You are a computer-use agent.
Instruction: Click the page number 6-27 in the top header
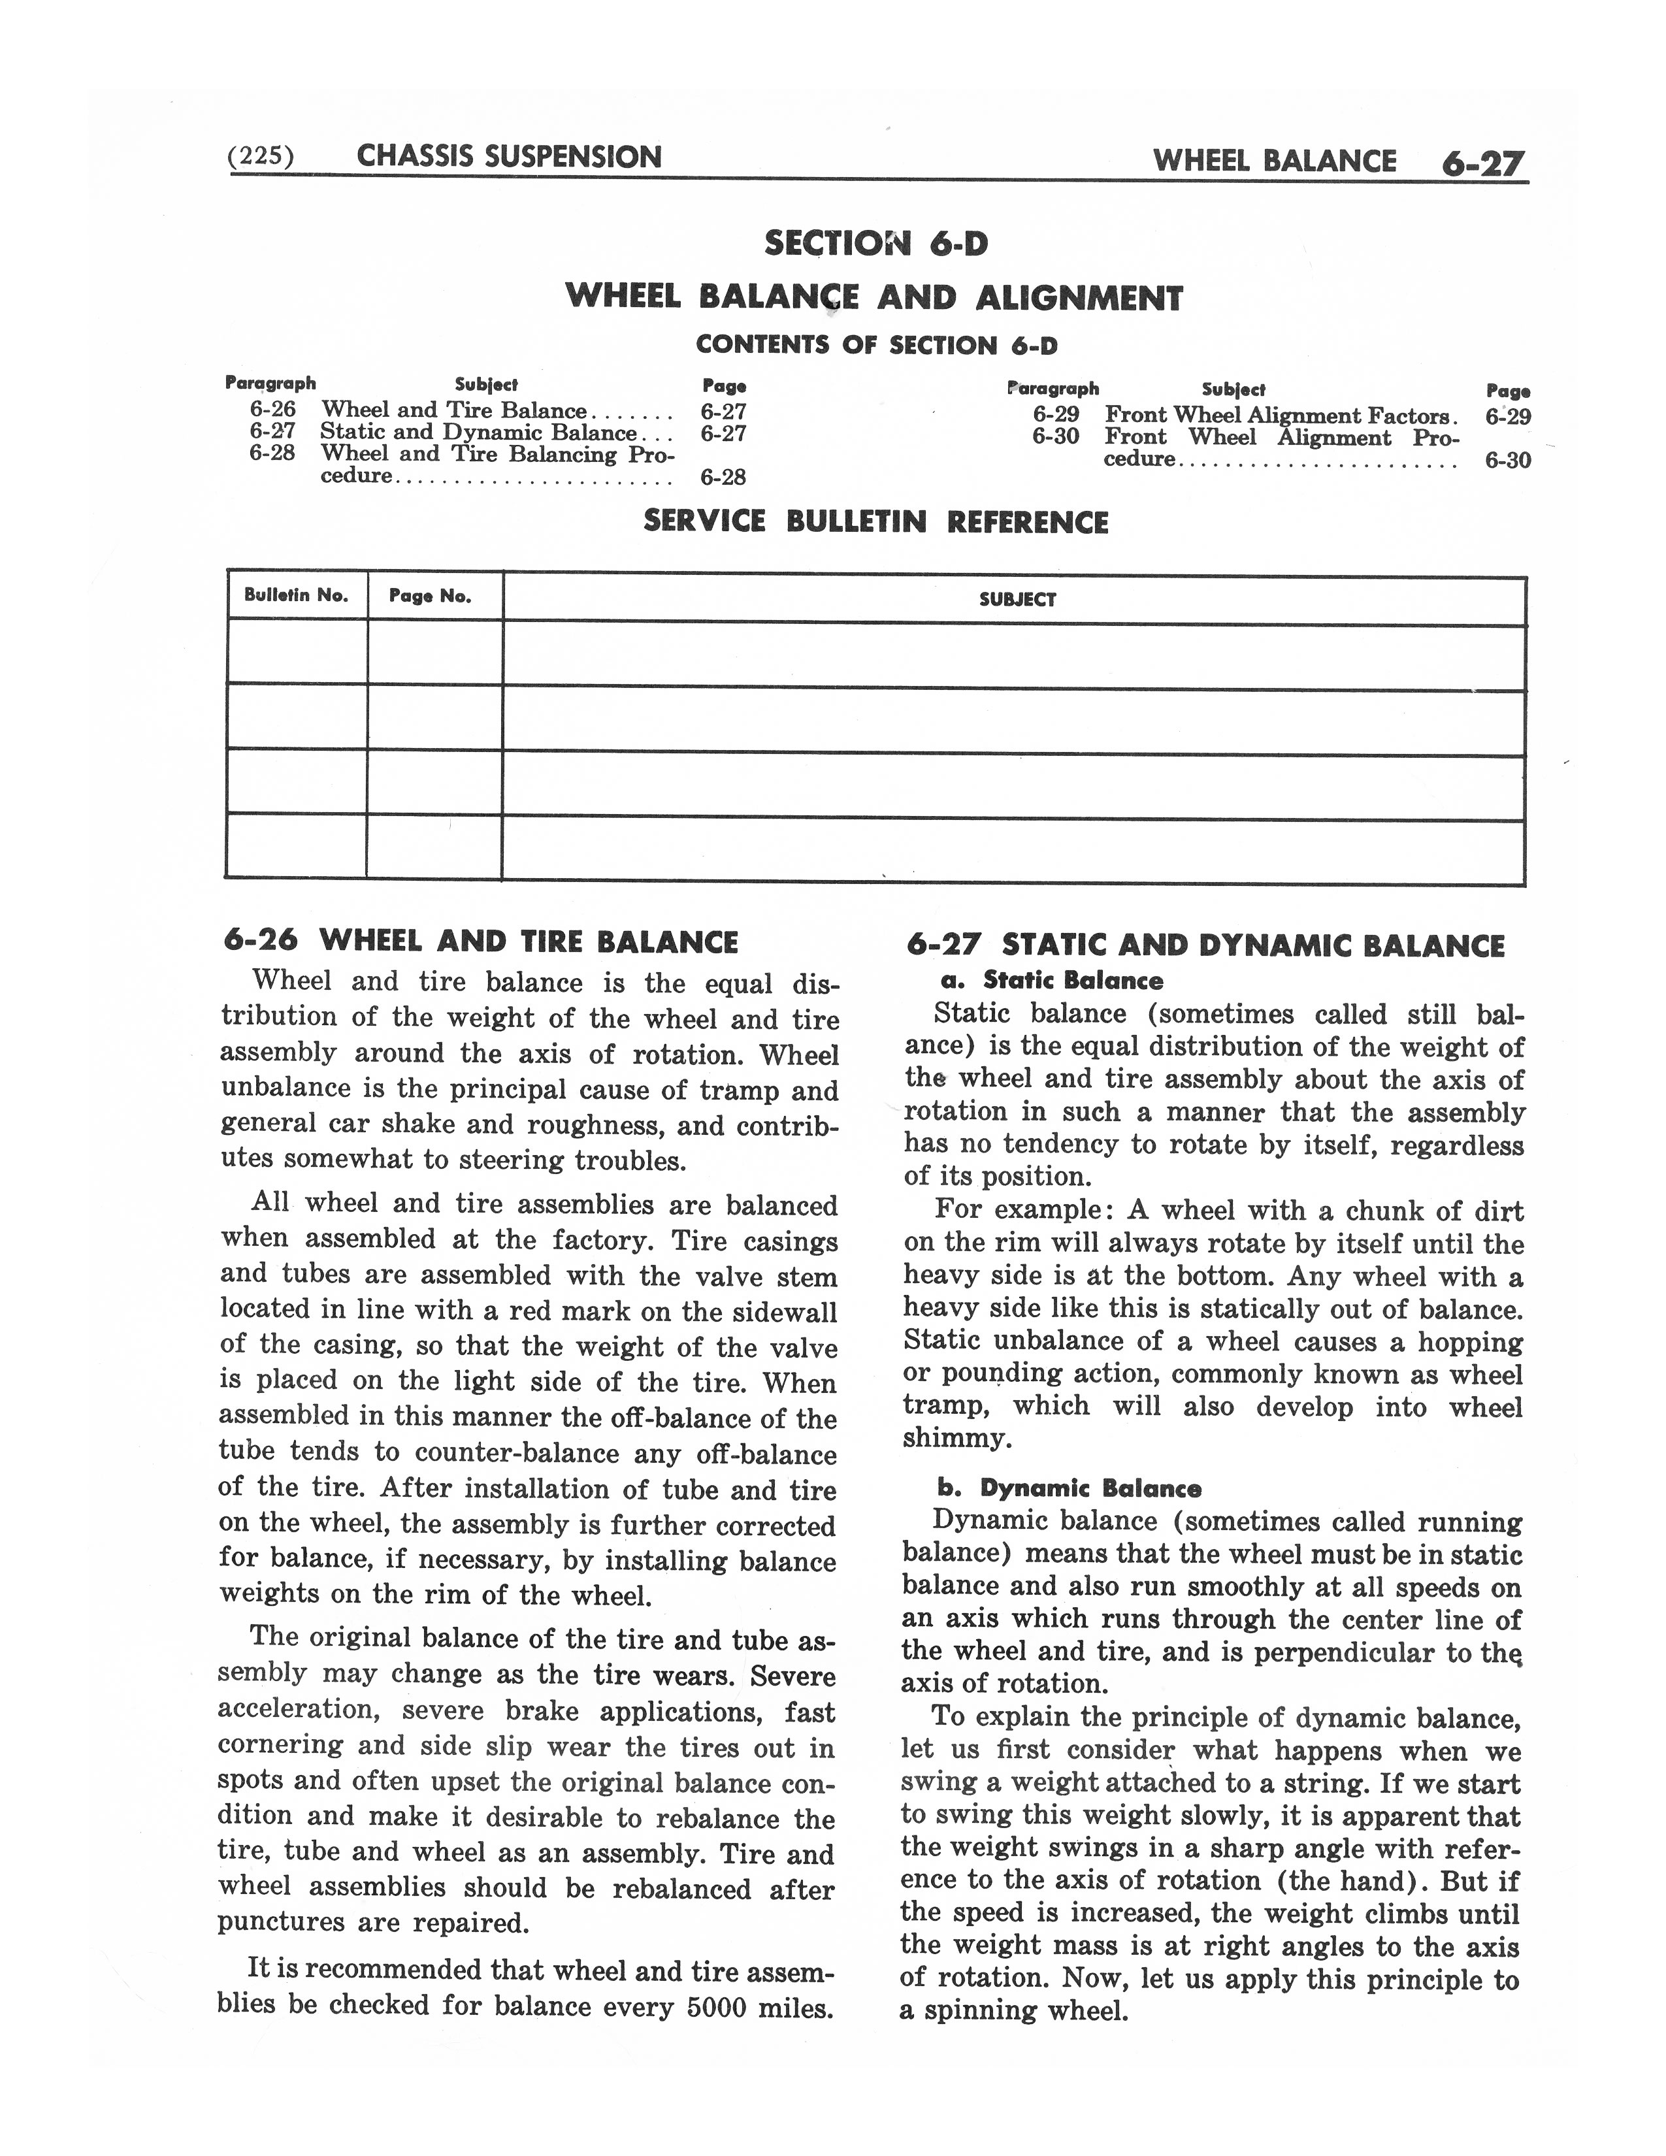[1482, 163]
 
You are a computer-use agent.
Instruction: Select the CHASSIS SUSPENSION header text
[508, 157]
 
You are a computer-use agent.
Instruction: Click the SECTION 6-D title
[875, 243]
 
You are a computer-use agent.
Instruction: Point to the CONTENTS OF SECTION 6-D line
[875, 346]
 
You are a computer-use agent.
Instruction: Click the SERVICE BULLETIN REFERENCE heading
[875, 522]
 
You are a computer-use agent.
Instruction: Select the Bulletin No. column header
[296, 595]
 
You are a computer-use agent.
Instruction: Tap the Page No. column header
[431, 596]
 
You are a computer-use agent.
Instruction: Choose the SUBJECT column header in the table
[1017, 599]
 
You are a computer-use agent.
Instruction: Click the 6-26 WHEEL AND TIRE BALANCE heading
[481, 941]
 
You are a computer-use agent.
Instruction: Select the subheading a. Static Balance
[1048, 980]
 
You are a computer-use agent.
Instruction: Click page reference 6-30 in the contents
[1507, 460]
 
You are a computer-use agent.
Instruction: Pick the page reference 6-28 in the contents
[723, 478]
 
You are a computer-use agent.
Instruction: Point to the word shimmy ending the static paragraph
[956, 1439]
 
